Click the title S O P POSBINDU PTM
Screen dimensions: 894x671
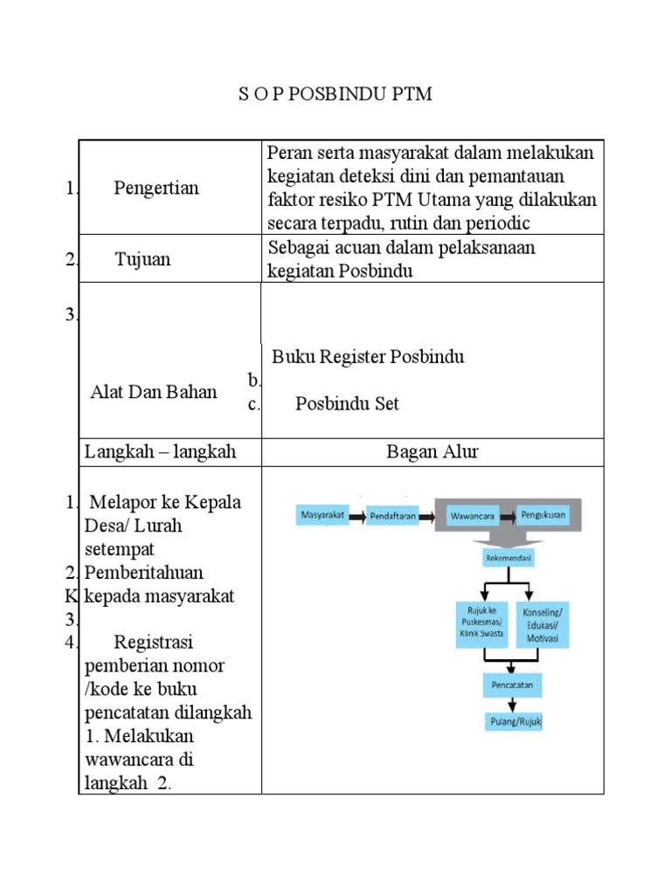tap(335, 94)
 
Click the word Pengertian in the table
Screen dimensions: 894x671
tap(156, 188)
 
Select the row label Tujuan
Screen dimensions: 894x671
tap(142, 259)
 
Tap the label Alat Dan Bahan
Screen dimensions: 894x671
tap(154, 392)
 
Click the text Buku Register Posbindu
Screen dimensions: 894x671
tap(368, 357)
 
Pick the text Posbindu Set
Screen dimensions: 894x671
tap(347, 403)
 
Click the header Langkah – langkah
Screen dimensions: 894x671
tap(160, 451)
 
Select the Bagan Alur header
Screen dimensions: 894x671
tap(432, 451)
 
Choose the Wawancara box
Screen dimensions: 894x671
tap(473, 516)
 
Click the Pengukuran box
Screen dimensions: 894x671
tap(543, 515)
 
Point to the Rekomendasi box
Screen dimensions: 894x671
tap(510, 557)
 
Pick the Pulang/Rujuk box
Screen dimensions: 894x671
tap(514, 722)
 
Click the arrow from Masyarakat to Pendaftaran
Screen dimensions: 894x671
tap(357, 516)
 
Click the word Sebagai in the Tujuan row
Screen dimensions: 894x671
tap(298, 248)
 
